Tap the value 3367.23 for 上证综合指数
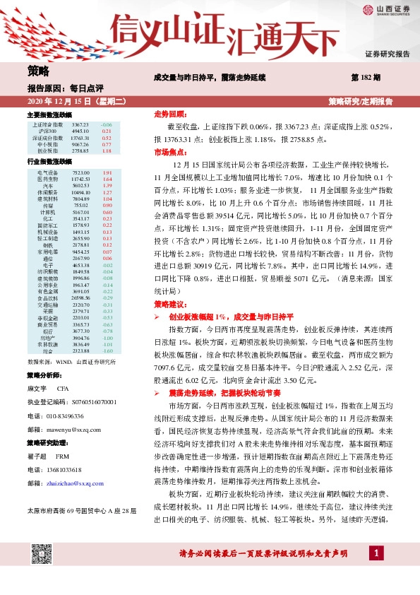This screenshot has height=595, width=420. click(80, 124)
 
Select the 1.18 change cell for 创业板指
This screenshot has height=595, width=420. click(107, 151)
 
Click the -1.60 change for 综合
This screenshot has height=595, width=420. click(107, 350)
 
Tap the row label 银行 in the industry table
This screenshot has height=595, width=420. click(47, 330)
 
